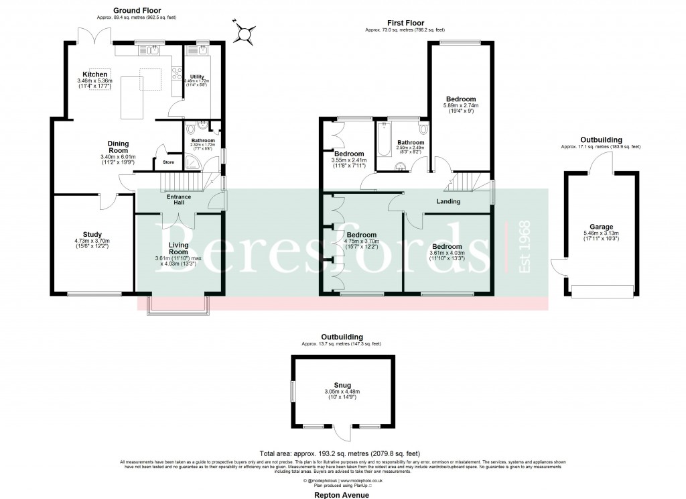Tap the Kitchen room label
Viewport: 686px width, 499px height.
tap(95, 74)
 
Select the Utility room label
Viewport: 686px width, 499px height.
tap(197, 77)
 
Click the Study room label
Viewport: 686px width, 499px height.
tap(92, 234)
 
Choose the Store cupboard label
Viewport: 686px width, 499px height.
tap(163, 162)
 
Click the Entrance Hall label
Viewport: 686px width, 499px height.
tap(179, 200)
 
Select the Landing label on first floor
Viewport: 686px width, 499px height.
tap(448, 201)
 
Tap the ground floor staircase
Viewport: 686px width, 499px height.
tap(182, 182)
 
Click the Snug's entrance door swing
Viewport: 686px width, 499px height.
tap(342, 434)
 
